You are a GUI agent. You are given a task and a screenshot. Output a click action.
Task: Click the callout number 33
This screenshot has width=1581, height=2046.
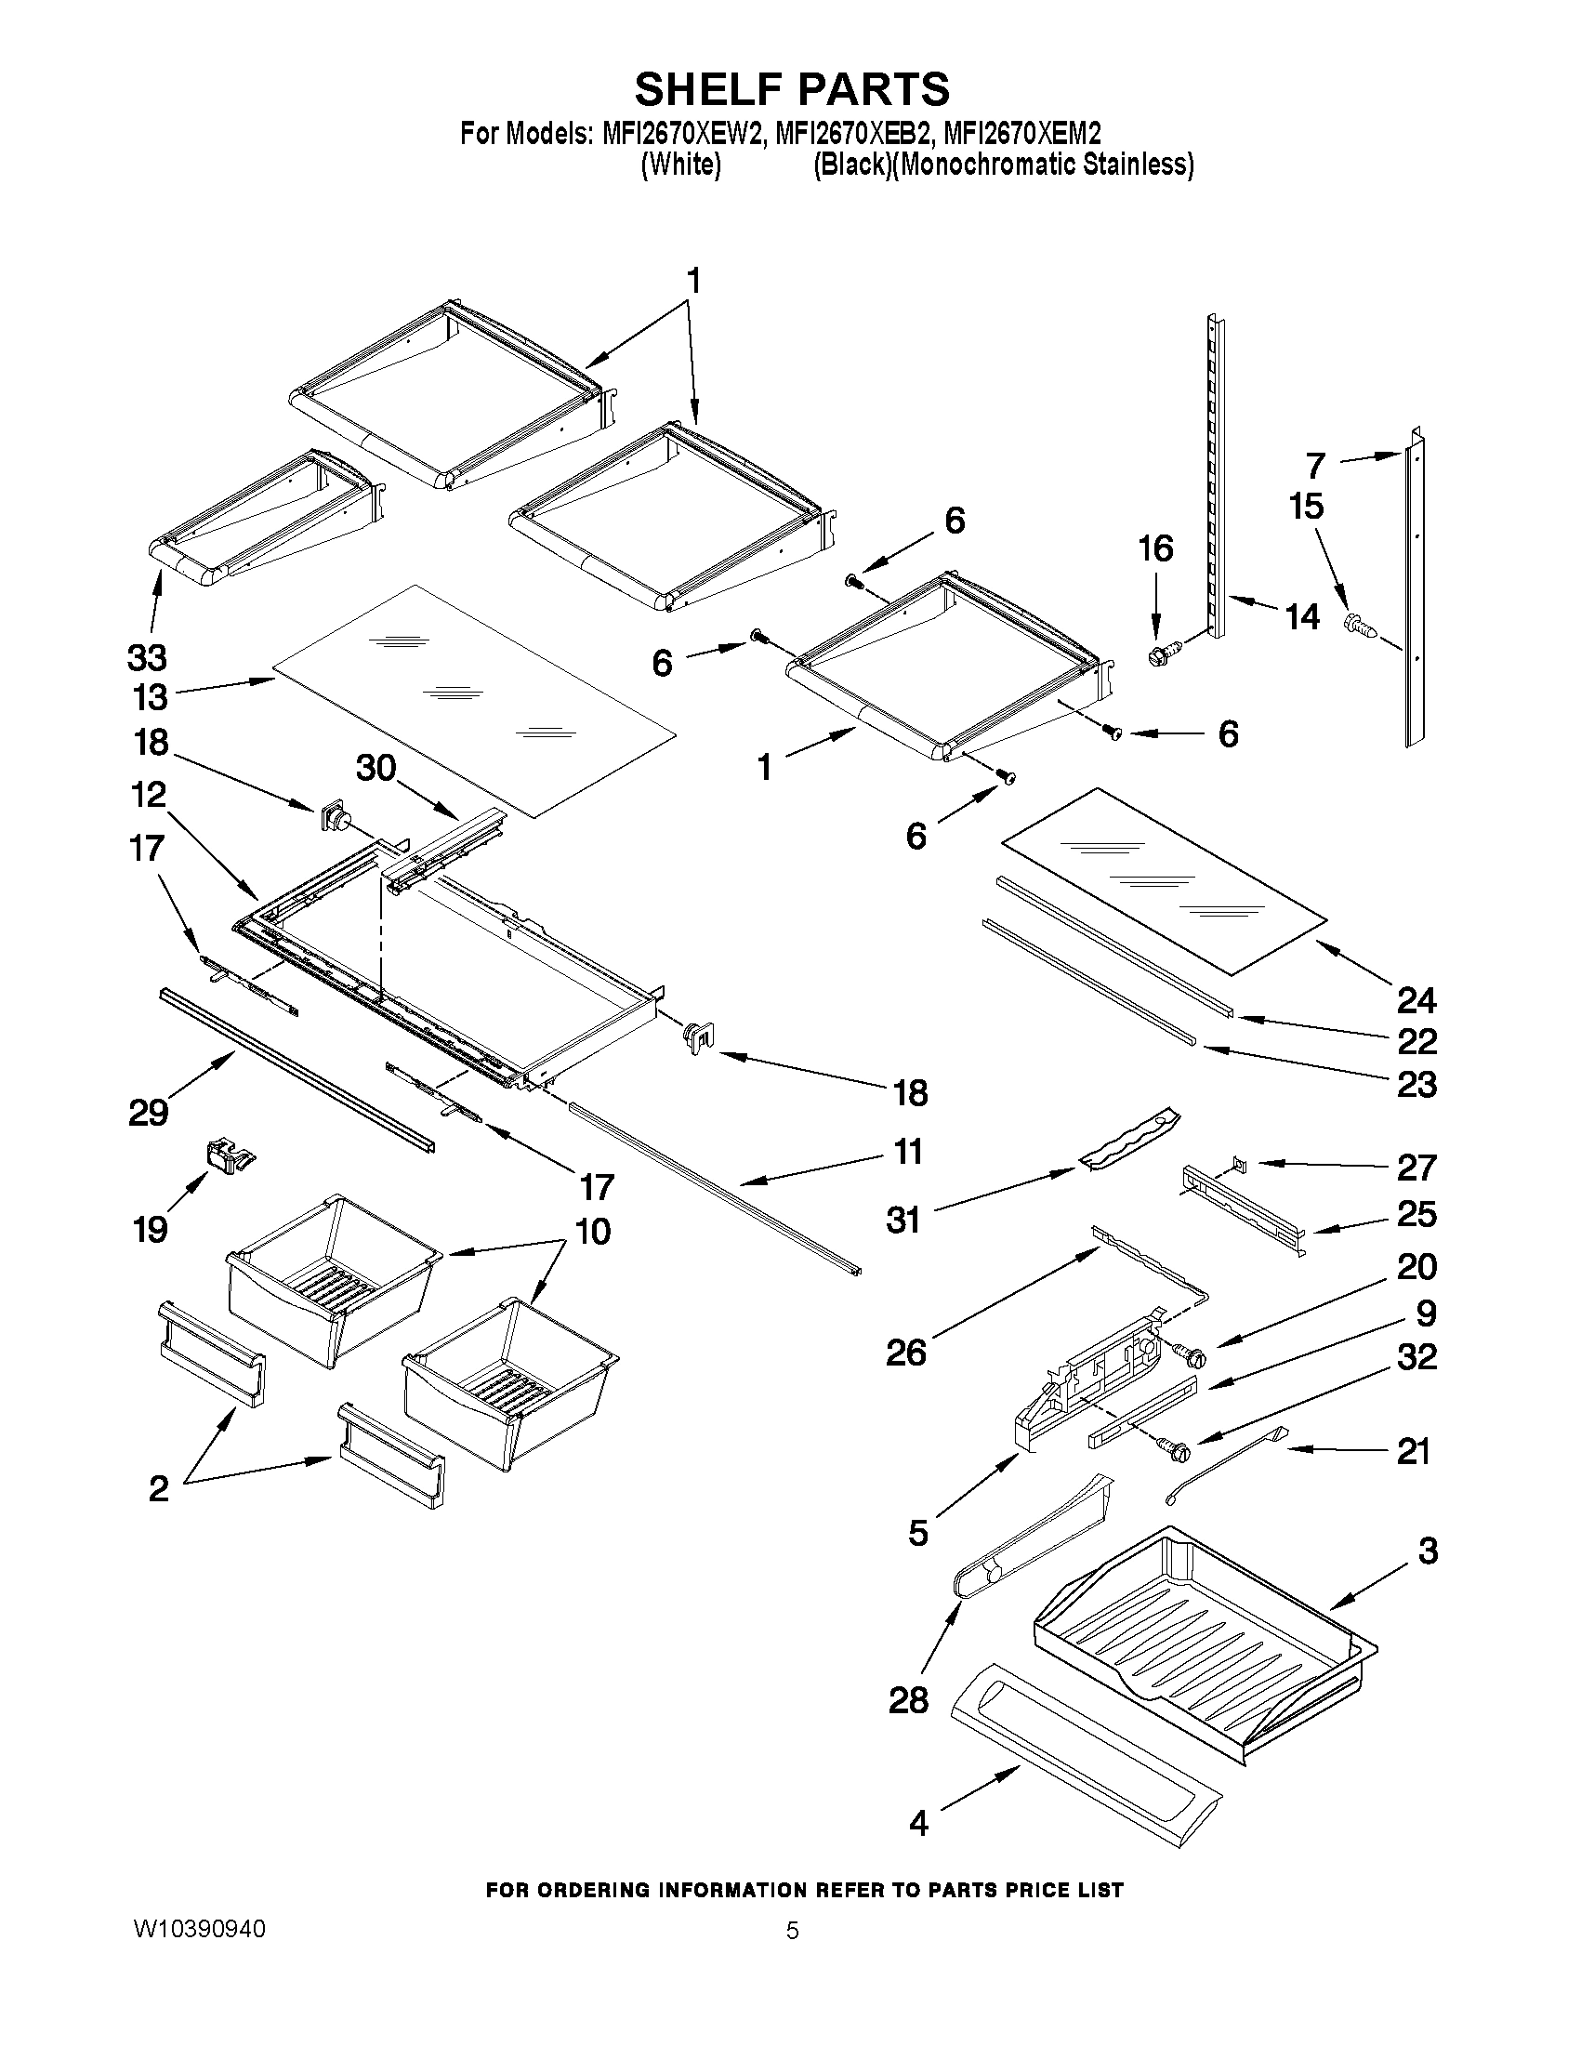[x=147, y=658]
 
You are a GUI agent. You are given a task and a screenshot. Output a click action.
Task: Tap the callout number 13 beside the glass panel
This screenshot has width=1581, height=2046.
[x=147, y=698]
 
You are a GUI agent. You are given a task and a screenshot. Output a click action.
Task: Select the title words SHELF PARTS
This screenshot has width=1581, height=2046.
[x=792, y=90]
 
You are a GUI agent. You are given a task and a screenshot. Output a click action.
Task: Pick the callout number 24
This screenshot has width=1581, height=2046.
[x=1416, y=1000]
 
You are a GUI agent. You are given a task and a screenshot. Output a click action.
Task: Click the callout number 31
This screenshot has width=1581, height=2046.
[x=902, y=1220]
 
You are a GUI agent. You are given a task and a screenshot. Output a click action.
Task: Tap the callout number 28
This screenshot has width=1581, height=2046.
[x=907, y=1700]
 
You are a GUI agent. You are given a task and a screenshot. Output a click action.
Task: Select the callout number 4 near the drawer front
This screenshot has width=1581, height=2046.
[x=919, y=1823]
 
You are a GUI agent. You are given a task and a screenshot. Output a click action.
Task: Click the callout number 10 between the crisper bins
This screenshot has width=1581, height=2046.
[x=591, y=1231]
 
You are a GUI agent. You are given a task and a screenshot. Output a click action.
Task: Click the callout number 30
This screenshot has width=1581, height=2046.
[x=376, y=768]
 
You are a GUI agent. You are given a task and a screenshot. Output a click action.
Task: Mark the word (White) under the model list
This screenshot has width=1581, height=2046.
[x=680, y=165]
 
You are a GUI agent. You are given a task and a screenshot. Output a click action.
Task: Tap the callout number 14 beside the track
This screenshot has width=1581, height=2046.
[x=1302, y=617]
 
